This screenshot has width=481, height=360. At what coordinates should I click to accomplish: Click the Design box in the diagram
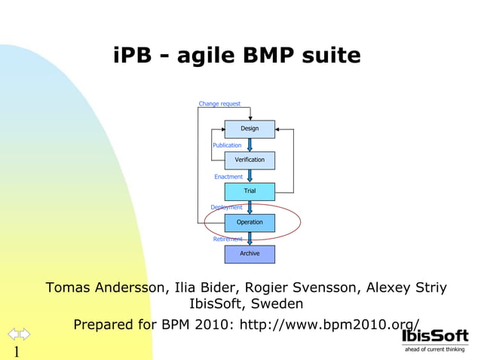point(250,129)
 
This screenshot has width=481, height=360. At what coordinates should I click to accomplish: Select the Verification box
point(250,160)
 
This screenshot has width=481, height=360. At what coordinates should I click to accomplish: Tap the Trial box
point(250,191)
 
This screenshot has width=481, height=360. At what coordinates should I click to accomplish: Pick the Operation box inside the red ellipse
point(250,222)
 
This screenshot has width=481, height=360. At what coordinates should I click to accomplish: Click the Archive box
point(250,254)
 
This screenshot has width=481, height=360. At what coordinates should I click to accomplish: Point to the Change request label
point(219,104)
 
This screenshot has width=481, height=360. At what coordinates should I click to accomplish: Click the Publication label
point(227,145)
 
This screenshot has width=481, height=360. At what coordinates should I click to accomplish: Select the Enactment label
point(228,177)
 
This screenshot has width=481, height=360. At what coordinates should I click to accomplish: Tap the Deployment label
point(226,207)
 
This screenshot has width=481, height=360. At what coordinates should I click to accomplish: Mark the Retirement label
point(228,239)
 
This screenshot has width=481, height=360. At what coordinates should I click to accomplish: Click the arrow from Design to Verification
point(250,145)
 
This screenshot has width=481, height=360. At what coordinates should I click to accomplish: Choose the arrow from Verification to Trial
point(250,175)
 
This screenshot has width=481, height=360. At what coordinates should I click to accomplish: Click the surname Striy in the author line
point(427,288)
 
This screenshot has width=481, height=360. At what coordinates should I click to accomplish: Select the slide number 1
point(15,352)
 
